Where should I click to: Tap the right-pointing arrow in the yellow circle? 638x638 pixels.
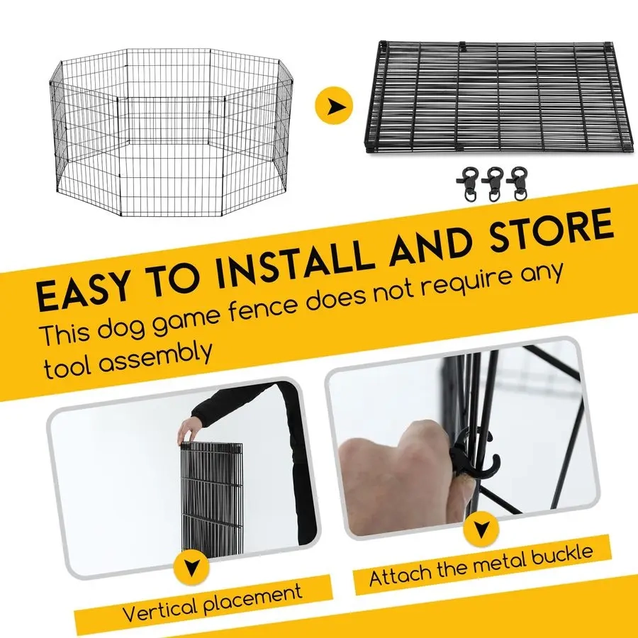pos(334,106)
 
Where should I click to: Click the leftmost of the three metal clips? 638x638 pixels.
pos(468,184)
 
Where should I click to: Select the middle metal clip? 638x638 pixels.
pos(493,184)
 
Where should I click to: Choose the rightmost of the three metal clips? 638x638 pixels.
pos(517,183)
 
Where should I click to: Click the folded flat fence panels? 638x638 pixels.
pos(500,96)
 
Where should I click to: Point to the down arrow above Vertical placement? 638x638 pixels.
pos(191,567)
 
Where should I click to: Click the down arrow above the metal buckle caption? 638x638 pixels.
pos(481,530)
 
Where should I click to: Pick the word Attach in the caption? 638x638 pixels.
pos(401,574)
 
